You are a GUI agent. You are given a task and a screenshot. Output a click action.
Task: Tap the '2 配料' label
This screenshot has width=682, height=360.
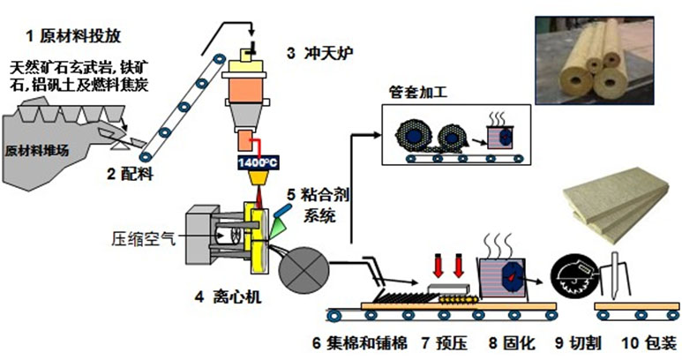(131, 175)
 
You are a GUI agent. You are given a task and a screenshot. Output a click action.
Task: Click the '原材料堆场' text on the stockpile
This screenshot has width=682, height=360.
(37, 150)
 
